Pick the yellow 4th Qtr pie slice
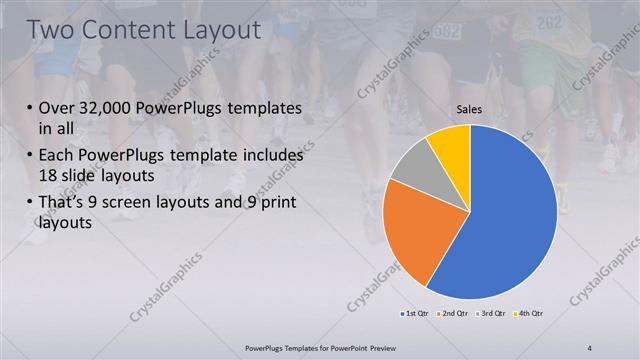[x=450, y=145]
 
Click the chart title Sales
[x=470, y=109]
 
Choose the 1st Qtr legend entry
[x=415, y=314]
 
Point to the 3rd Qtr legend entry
[x=491, y=314]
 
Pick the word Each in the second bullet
[x=55, y=155]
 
